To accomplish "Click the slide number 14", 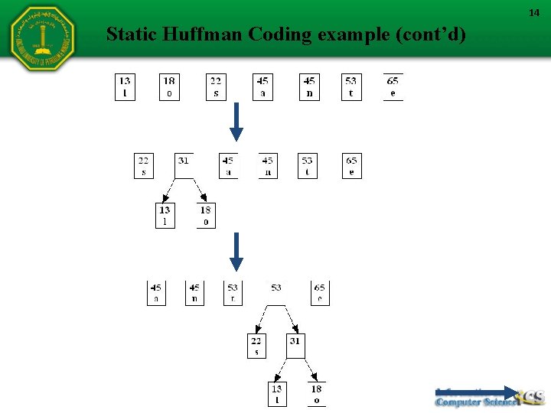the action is pos(535,13).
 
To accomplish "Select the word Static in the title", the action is pos(128,34).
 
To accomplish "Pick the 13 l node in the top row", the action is pos(125,86).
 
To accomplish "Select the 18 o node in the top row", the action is pos(169,86).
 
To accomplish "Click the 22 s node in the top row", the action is pos(216,86).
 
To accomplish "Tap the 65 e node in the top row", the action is pos(393,86).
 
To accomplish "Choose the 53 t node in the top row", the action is pos(350,86).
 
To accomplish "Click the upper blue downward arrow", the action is pos(236,122).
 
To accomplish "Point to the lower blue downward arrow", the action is pos(236,252).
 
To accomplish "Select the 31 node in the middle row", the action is pos(184,165).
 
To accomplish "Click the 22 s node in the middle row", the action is pos(143,165).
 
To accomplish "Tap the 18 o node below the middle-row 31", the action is pos(205,215).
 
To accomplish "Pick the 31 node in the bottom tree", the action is pos(295,346).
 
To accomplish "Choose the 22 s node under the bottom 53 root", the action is pos(256,346).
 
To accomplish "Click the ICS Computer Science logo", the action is pos(489,396).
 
